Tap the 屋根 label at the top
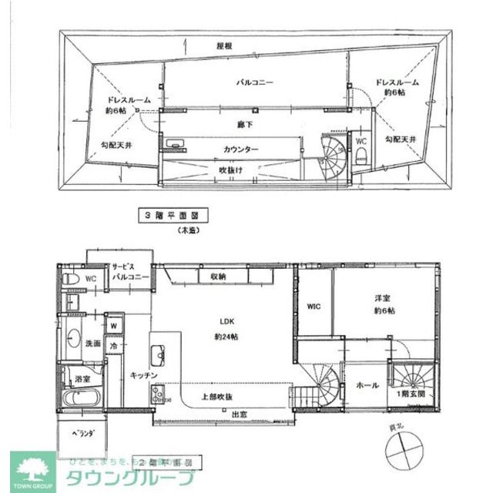coord(225,46)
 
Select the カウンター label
coord(241,149)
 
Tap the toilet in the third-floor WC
coord(361,157)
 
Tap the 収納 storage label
coord(216,276)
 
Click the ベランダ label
coord(82,434)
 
